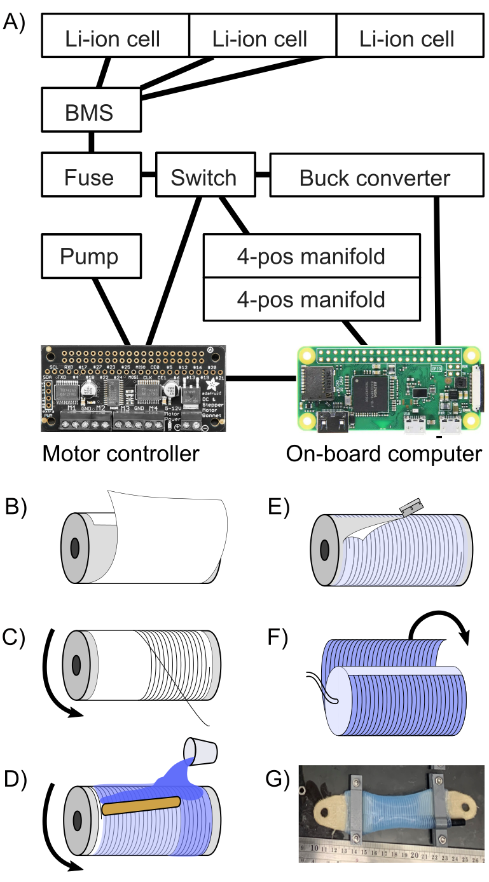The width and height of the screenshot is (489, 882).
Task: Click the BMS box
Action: pyautogui.click(x=89, y=113)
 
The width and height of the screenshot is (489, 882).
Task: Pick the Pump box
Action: pyautogui.click(x=89, y=256)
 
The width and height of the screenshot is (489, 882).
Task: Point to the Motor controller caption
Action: pyautogui.click(x=120, y=453)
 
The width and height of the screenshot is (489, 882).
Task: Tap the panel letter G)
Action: pyautogui.click(x=278, y=780)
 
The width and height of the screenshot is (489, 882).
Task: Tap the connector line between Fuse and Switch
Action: pyautogui.click(x=148, y=173)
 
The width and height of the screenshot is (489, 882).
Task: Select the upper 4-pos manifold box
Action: pyautogui.click(x=312, y=256)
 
